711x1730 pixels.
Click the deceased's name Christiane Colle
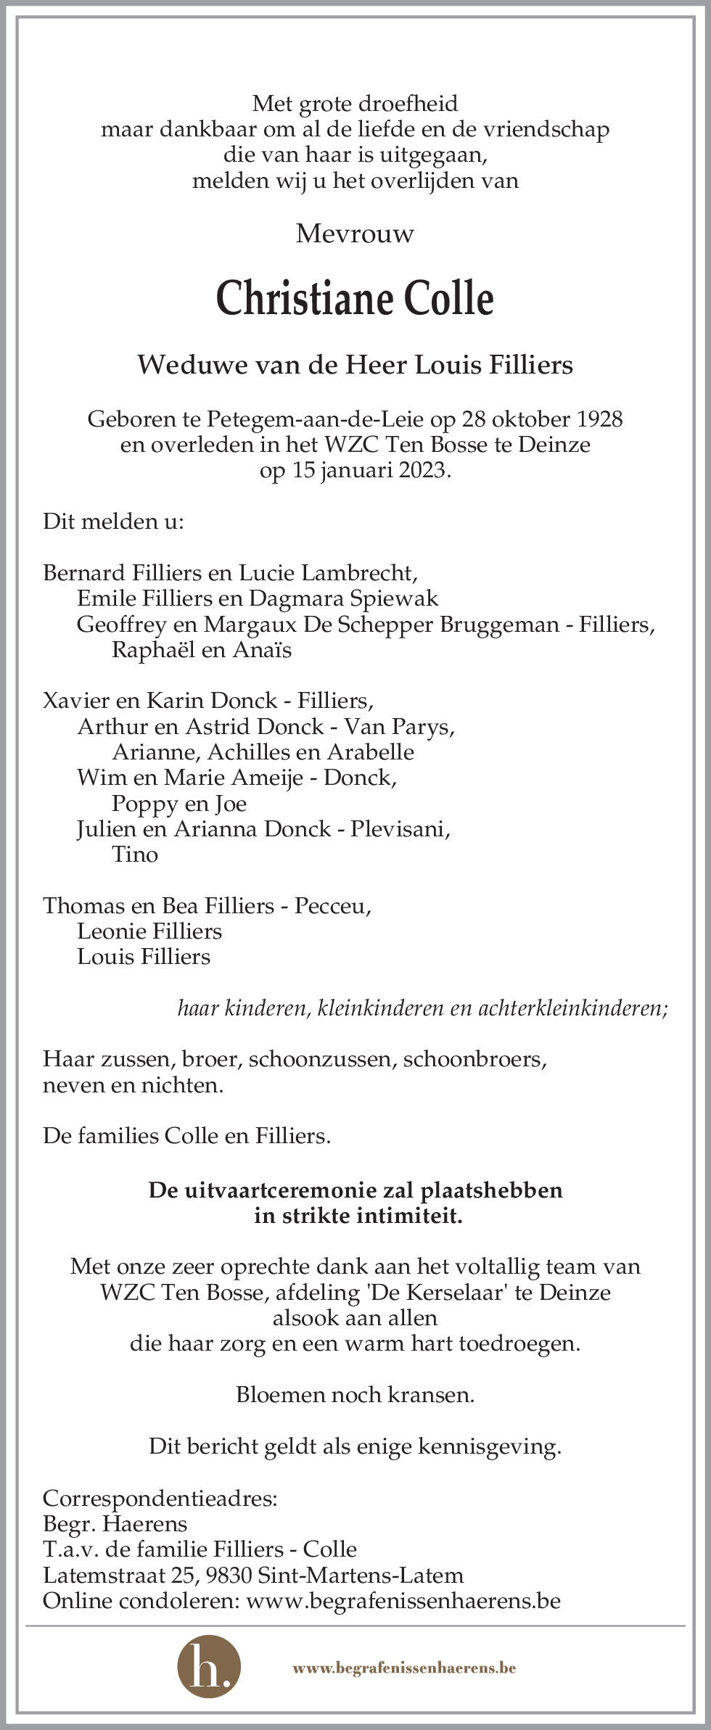(355, 299)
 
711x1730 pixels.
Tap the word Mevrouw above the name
(355, 234)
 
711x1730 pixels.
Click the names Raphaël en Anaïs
(201, 650)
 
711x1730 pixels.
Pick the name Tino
(135, 854)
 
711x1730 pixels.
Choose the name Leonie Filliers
(149, 931)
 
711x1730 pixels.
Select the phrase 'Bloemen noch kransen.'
(355, 1395)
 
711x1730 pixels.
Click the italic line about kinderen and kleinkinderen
(422, 1008)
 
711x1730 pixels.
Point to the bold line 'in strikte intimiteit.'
(358, 1216)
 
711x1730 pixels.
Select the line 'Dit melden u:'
(113, 522)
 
